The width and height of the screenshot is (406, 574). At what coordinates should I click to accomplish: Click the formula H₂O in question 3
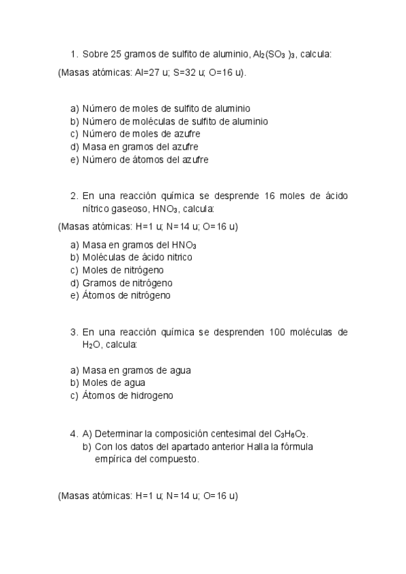(92, 345)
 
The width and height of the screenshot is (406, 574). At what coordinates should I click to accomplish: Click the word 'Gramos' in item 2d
(98, 282)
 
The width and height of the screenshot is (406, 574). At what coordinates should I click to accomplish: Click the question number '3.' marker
(74, 332)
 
